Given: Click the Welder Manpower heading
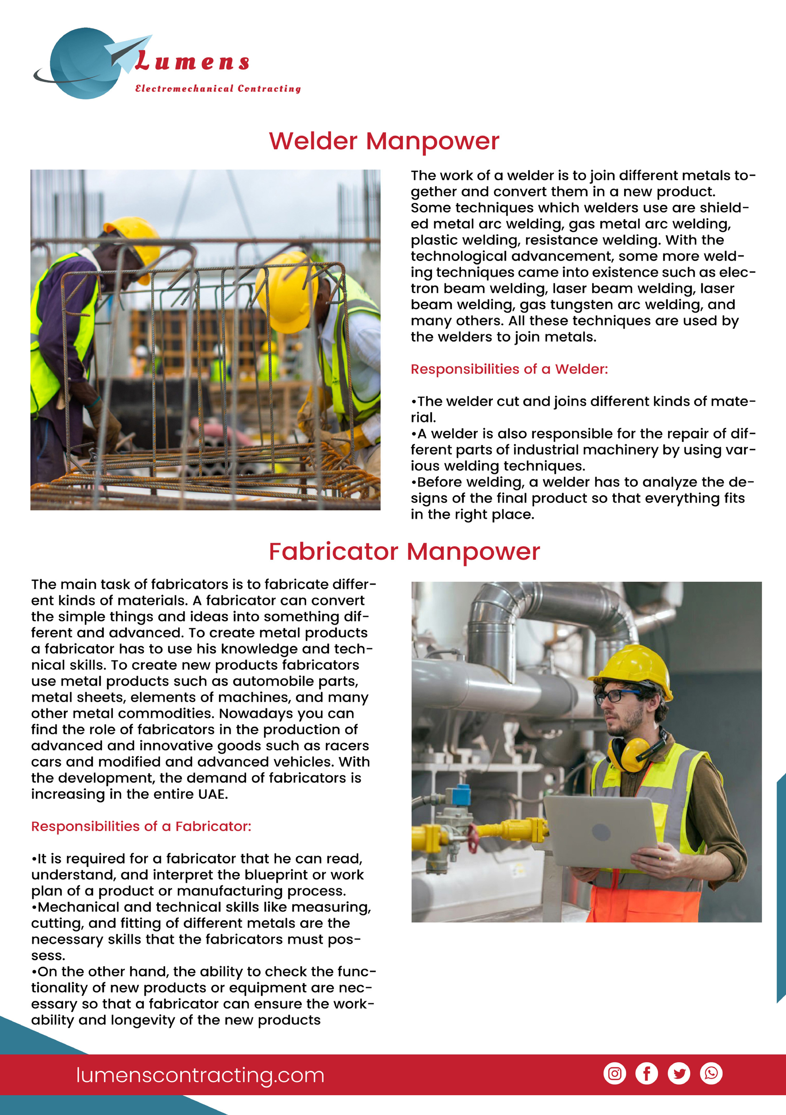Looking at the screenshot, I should point(384,141).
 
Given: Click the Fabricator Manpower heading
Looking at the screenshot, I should point(404,552).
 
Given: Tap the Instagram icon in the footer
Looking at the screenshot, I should point(615,1073).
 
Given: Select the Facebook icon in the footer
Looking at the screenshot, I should point(647,1073).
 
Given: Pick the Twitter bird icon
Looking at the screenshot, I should point(679,1073).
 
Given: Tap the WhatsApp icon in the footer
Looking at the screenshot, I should point(711,1073).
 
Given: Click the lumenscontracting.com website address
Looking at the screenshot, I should point(200,1075).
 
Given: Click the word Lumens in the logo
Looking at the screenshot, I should point(192,62).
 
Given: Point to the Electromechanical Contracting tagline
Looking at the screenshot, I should point(218,89).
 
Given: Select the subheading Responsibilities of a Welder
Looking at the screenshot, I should point(509,369).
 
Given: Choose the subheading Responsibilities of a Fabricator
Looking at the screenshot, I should point(141,826).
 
